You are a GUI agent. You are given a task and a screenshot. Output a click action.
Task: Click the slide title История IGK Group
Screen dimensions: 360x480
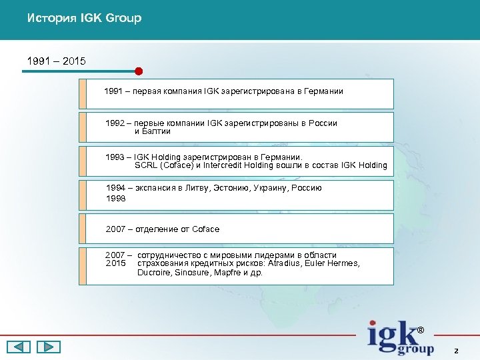point(84,18)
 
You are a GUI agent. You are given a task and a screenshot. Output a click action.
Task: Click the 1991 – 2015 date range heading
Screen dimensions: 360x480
point(56,61)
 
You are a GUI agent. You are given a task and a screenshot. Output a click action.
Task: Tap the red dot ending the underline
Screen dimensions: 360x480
point(139,71)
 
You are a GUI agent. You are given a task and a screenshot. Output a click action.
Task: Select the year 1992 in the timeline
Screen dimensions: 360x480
point(115,123)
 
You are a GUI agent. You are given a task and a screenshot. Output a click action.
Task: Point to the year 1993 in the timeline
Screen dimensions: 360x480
point(115,157)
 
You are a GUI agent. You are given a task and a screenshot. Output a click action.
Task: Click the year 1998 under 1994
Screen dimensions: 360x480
point(115,199)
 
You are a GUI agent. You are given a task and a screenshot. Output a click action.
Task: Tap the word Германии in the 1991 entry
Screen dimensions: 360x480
point(323,91)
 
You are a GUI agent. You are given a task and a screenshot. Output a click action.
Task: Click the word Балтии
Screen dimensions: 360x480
point(157,131)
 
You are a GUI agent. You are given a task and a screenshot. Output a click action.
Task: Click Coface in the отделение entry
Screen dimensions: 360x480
point(205,229)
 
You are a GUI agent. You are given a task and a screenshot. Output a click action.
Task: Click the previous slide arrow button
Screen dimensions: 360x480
point(19,347)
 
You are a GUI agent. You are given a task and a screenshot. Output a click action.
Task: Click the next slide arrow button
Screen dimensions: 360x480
point(48,347)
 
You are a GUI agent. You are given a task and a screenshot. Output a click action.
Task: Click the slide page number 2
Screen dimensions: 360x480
point(456,350)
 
